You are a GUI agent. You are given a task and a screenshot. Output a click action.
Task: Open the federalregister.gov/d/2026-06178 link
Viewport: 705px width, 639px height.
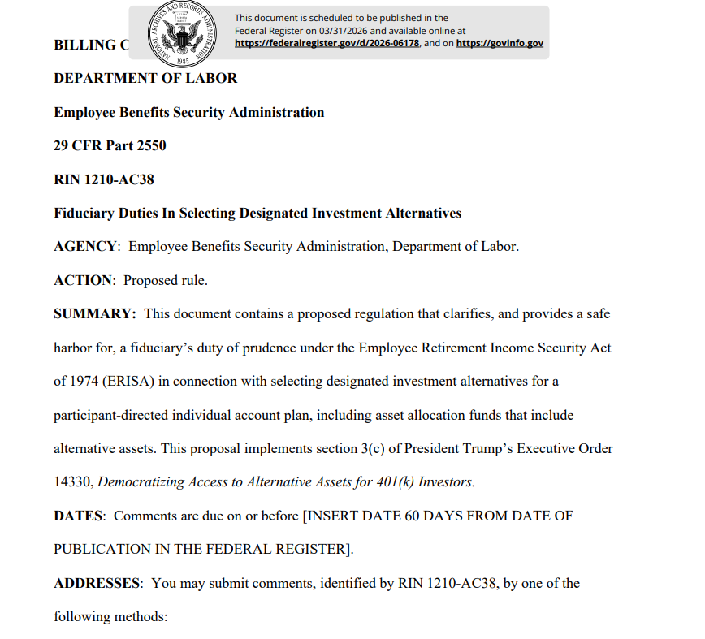(x=327, y=43)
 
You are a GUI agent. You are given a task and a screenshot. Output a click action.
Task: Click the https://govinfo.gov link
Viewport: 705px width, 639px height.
(x=500, y=43)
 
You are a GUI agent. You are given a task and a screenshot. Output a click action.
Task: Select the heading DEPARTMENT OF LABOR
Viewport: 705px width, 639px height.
(x=145, y=79)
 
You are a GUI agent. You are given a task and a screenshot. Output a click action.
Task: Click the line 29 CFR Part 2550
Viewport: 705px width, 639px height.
(x=110, y=146)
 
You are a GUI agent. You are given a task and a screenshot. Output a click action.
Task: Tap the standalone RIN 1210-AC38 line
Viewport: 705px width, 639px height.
(x=104, y=179)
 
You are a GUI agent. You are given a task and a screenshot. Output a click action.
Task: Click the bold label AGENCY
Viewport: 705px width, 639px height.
(x=86, y=247)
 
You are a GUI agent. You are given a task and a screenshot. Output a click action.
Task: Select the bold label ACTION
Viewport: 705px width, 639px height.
(x=83, y=281)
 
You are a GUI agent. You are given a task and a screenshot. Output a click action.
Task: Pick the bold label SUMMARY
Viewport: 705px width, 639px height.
(x=94, y=314)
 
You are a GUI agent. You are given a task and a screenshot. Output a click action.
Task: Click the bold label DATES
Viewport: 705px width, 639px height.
(x=78, y=516)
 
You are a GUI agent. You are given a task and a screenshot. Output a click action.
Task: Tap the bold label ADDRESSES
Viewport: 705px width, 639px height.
(x=97, y=584)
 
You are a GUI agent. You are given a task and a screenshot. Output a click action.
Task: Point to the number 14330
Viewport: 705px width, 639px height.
(x=73, y=482)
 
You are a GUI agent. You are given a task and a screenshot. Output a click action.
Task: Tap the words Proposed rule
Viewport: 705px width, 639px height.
(x=166, y=281)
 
